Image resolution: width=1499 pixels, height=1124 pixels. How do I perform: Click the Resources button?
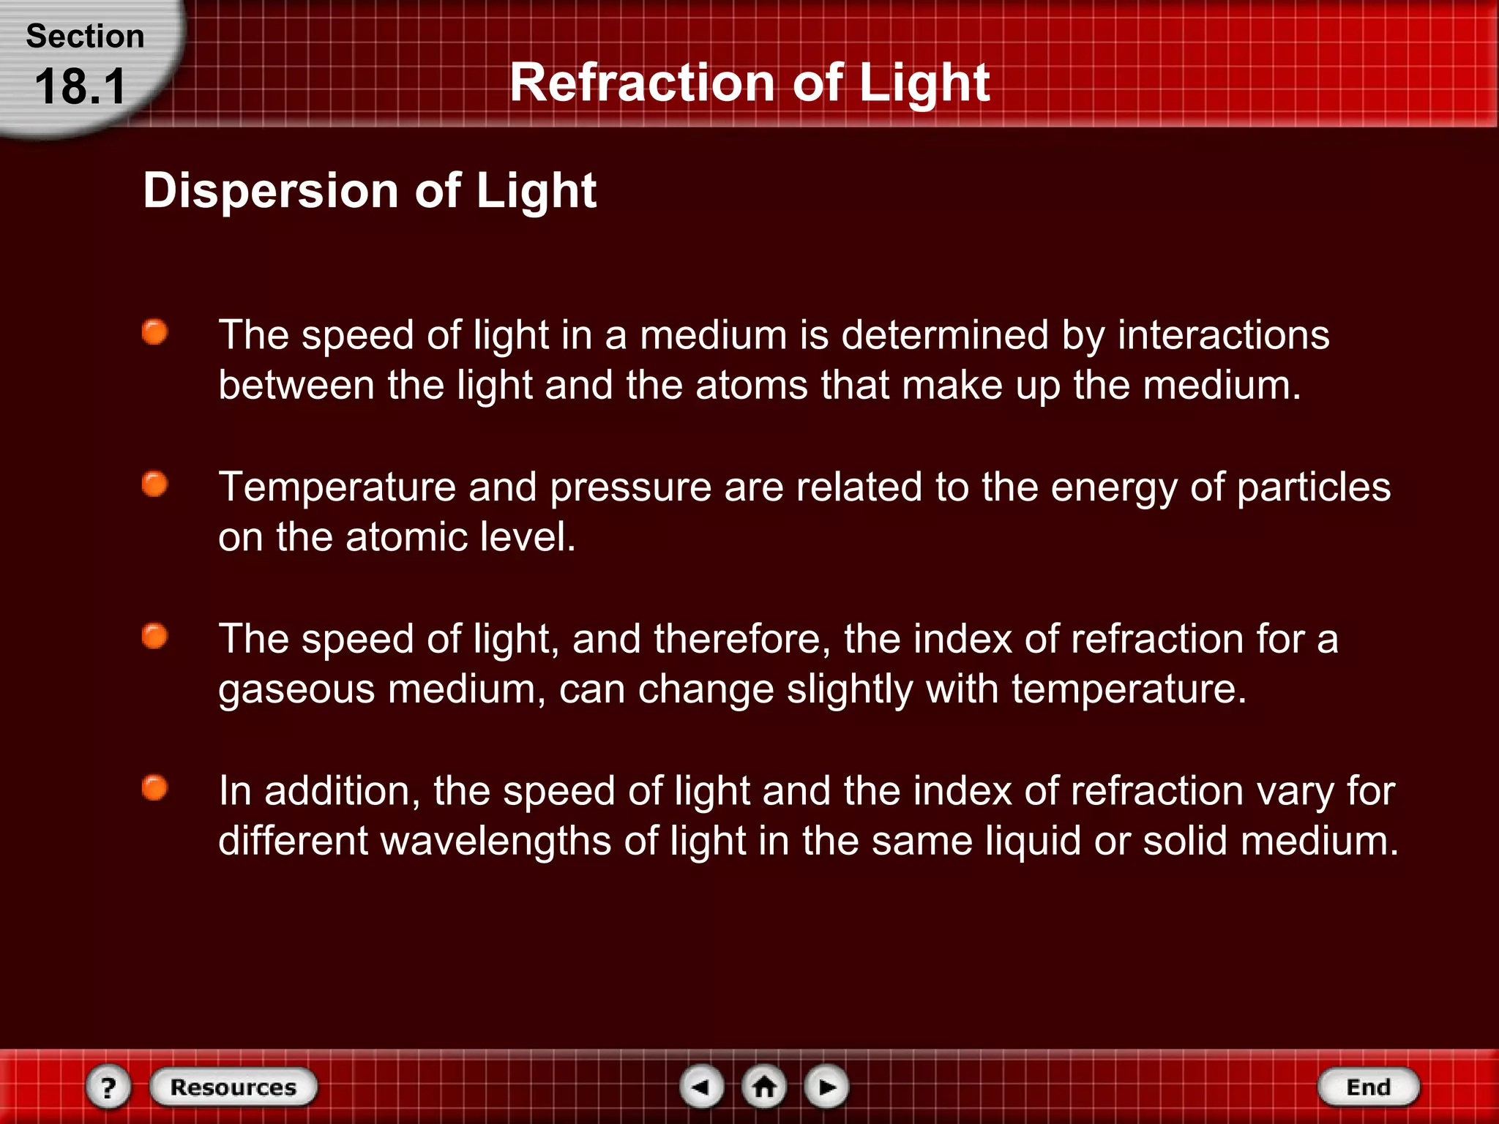(x=233, y=1087)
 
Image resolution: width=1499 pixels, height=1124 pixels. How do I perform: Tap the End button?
(x=1368, y=1087)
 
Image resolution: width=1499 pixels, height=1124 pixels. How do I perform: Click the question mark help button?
(x=108, y=1087)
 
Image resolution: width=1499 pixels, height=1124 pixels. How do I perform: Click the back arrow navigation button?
(x=702, y=1087)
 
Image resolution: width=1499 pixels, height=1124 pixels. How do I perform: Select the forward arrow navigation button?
(x=826, y=1087)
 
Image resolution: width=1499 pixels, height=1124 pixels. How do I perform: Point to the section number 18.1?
(x=81, y=87)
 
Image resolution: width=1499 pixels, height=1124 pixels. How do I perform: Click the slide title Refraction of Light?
(x=749, y=82)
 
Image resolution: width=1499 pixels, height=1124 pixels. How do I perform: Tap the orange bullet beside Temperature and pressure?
(x=154, y=484)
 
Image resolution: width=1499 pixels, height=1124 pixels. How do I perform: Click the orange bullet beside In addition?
(x=154, y=788)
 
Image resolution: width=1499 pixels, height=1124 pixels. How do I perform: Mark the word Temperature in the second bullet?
(x=337, y=487)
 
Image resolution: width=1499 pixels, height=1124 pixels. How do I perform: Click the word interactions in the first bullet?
(x=1223, y=335)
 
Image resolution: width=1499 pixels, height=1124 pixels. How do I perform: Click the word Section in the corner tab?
(x=85, y=37)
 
